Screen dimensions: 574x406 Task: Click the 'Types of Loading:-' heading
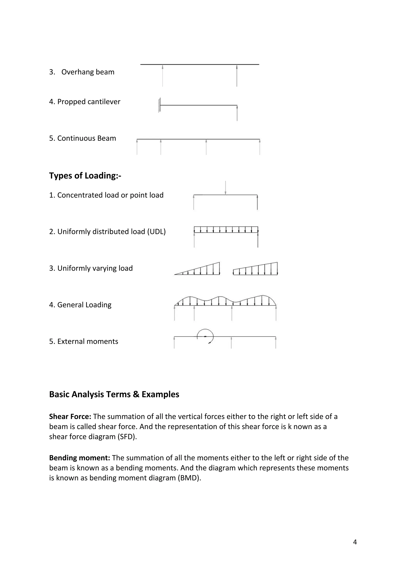(85, 176)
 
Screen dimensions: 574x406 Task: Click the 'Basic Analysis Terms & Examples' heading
(114, 394)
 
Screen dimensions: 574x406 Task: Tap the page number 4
(355, 542)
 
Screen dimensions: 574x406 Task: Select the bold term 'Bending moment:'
(79, 458)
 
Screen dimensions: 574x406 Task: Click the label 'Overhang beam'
(88, 72)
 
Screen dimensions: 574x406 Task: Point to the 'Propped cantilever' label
(89, 102)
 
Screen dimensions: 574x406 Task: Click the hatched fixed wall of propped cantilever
(159, 105)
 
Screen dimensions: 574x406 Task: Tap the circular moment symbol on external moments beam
(205, 337)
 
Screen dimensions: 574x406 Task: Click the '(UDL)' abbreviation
(156, 232)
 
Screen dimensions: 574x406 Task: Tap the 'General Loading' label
(84, 305)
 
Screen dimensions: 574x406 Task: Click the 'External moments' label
(88, 341)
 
